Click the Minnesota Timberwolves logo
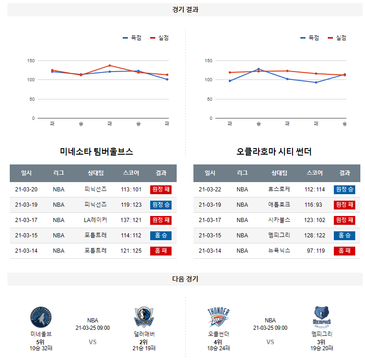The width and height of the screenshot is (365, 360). coord(41,318)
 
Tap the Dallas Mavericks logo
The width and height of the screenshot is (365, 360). coord(144,318)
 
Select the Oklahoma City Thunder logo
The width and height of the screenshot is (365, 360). coord(219,318)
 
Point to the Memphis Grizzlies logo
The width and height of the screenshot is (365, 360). coord(322,318)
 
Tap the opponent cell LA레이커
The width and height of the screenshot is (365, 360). coord(95,220)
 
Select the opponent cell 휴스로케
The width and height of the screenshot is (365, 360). coord(279,190)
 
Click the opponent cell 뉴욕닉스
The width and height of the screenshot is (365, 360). coord(279,251)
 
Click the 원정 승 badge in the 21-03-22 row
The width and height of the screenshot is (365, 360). coord(345,190)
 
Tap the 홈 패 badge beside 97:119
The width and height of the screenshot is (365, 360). coord(345,251)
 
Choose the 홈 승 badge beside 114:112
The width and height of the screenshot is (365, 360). coord(161,236)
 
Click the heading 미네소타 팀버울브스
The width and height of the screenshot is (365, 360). coord(97,151)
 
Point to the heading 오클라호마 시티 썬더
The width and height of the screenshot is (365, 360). coord(274,151)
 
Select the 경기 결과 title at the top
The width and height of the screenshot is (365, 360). coord(185,10)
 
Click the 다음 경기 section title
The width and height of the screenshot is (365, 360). coord(185,279)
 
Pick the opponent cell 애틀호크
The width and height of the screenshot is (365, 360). coord(279,205)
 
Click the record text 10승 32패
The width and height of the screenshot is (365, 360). coord(41,348)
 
